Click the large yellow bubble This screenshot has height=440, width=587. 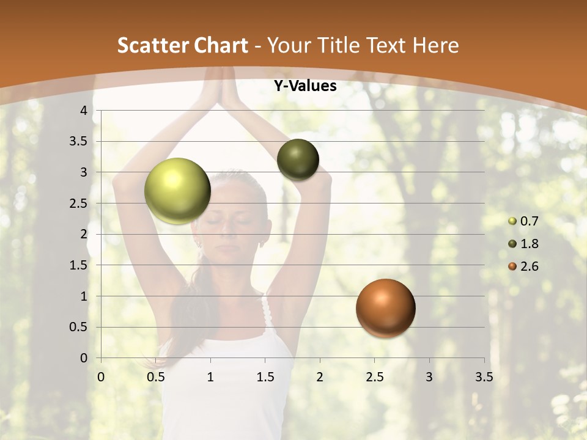(x=177, y=191)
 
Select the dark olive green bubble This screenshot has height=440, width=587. (x=298, y=159)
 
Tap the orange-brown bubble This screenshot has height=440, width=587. (x=385, y=308)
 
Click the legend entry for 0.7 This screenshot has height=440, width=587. (x=523, y=221)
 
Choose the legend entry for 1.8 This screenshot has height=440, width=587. (x=523, y=244)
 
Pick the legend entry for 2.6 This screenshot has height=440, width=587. (x=523, y=266)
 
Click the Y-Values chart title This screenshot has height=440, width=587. (x=305, y=86)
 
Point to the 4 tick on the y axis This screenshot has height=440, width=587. (x=84, y=111)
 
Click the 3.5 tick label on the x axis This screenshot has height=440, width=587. (x=484, y=377)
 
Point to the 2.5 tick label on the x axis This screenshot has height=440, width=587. (x=374, y=377)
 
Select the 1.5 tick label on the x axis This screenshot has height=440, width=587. (x=265, y=377)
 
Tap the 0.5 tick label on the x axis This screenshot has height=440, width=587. (x=155, y=377)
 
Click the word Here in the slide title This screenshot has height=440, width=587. (x=435, y=45)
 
